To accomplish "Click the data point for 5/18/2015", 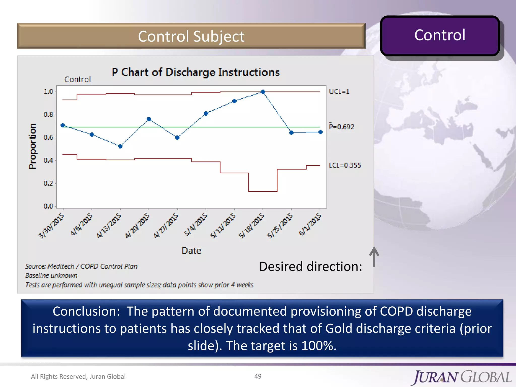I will coord(263,92).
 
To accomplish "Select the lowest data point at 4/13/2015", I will coord(120,146).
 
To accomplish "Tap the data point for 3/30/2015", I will coord(63,125).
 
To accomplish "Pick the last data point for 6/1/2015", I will coord(320,132).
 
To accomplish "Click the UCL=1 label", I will coord(339,92).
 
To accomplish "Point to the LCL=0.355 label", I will coord(345,165).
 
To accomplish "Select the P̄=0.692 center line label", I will coord(341,127).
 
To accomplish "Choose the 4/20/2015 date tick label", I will coord(138,225).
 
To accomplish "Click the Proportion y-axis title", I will coord(33,146).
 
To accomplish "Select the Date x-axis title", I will coord(191,251).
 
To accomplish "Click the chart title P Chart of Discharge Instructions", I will coord(196,72).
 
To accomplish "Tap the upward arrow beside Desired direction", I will coord(374,257).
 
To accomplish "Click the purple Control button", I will coord(440,36).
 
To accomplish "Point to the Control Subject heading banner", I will coord(191,36).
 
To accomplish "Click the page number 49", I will coord(258,376).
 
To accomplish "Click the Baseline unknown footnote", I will coord(51,276).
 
